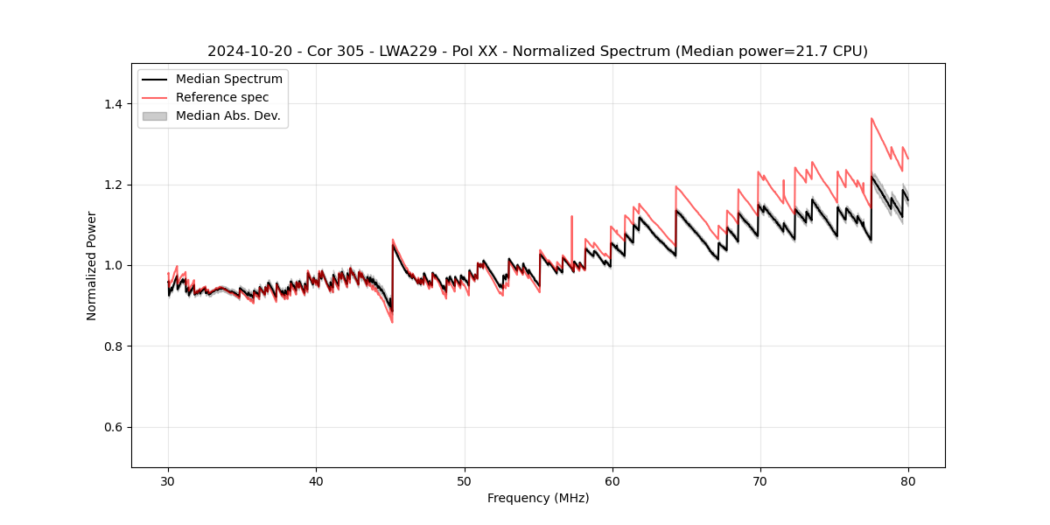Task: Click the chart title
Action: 537,52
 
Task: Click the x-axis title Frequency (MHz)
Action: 538,498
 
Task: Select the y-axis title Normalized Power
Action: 92,265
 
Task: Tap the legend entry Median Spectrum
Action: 229,80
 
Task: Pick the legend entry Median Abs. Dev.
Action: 227,115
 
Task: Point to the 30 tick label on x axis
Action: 168,480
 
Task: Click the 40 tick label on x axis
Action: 316,480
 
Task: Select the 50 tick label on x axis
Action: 465,480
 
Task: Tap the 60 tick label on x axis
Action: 612,480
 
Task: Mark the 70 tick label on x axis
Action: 760,480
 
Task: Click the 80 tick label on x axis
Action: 908,480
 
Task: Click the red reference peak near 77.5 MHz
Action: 871,119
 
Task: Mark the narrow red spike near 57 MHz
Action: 571,217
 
